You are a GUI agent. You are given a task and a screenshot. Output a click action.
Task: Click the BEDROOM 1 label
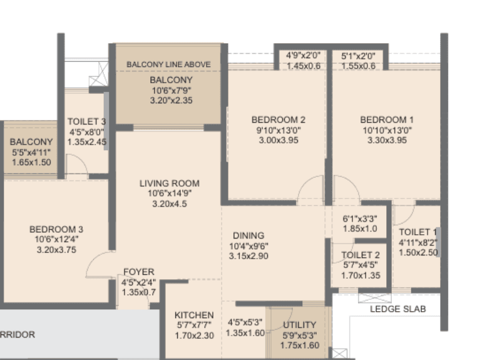[387, 120]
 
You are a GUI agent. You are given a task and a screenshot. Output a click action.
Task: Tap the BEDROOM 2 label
[278, 120]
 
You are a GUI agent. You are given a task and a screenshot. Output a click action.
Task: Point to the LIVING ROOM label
[169, 183]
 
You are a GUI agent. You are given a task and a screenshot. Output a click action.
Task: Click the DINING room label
[248, 236]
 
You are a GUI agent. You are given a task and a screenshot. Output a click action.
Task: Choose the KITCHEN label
[194, 315]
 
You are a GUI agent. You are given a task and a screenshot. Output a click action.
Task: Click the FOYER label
[138, 272]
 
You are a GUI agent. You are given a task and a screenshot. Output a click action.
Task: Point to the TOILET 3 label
[86, 121]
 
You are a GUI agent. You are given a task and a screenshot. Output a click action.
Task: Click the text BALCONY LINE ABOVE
[168, 64]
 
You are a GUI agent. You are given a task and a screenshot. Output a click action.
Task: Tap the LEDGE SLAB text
[397, 309]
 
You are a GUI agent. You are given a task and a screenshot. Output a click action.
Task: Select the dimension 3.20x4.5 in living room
[169, 203]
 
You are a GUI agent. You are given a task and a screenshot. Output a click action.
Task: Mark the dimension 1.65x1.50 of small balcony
[31, 162]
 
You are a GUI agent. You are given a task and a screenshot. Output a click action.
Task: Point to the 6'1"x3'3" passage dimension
[360, 219]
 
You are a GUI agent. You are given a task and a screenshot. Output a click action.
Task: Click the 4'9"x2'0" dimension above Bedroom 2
[303, 56]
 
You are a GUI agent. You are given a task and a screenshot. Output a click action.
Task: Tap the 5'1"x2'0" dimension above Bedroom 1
[358, 56]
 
